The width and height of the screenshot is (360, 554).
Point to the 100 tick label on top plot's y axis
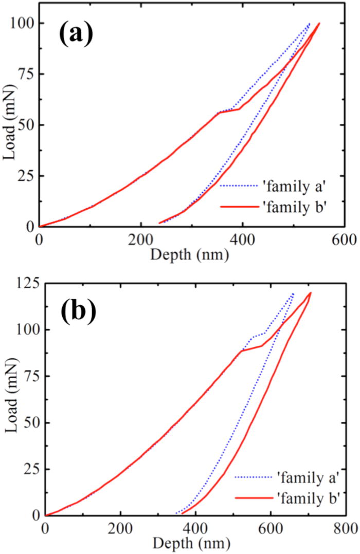coord(23,24)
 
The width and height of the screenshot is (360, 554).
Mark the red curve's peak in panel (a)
coord(319,23)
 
